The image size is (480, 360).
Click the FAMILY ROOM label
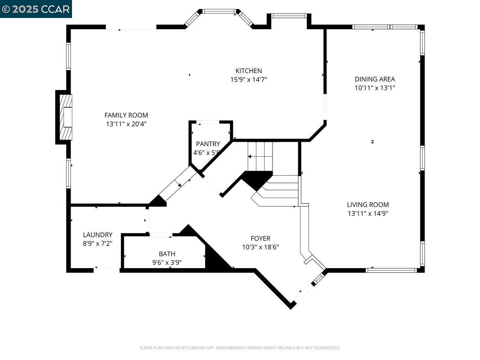pyautogui.click(x=126, y=115)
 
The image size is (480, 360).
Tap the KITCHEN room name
pyautogui.click(x=248, y=71)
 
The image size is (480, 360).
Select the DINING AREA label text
pyautogui.click(x=374, y=79)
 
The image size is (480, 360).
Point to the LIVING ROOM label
pyautogui.click(x=368, y=205)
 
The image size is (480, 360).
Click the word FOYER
pyautogui.click(x=260, y=238)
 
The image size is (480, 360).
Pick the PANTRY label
pyautogui.click(x=208, y=144)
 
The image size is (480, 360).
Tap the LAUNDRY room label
pyautogui.click(x=98, y=235)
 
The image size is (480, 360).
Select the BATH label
pyautogui.click(x=167, y=254)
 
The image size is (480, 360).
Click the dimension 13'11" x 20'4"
pyautogui.click(x=126, y=124)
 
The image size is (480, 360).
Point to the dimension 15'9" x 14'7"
pyautogui.click(x=248, y=80)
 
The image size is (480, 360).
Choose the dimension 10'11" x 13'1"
pyautogui.click(x=374, y=88)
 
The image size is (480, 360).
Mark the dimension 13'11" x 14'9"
pyautogui.click(x=368, y=213)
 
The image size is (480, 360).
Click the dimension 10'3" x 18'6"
pyautogui.click(x=260, y=247)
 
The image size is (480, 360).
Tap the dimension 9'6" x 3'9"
pyautogui.click(x=167, y=262)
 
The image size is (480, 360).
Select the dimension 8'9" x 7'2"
pyautogui.click(x=98, y=243)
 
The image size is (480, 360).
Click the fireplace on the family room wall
pyautogui.click(x=65, y=117)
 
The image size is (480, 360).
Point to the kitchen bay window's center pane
pyautogui.click(x=219, y=12)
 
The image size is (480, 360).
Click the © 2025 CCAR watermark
pyautogui.click(x=36, y=9)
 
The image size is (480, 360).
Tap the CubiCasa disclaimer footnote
pyautogui.click(x=239, y=348)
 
